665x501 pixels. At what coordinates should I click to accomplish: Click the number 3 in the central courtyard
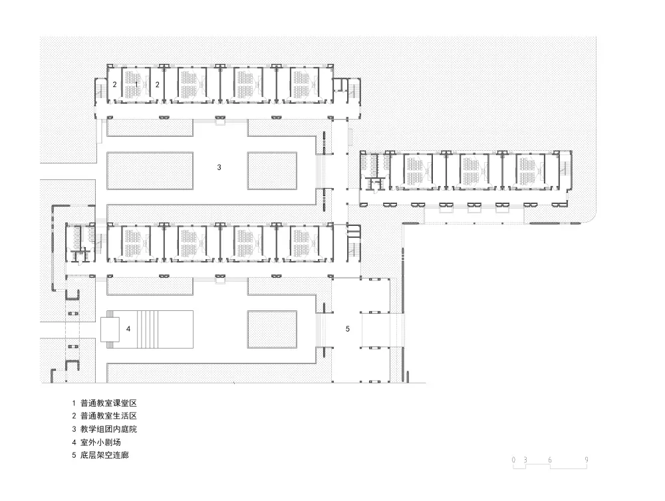click(219, 167)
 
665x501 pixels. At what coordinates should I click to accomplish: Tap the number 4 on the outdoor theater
click(128, 328)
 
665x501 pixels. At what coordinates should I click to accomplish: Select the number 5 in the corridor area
click(347, 328)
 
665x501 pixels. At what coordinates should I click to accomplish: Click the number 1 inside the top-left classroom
click(136, 84)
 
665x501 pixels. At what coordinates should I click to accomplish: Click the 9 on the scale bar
click(586, 459)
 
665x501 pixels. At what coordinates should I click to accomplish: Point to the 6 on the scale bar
click(550, 459)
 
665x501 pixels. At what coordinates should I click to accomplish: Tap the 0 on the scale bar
click(514, 459)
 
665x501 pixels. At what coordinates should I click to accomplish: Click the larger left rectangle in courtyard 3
click(150, 171)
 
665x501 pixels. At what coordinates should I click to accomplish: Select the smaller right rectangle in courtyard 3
click(272, 171)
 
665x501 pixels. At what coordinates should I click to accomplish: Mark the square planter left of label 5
click(272, 329)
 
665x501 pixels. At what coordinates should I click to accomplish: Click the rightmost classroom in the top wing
click(306, 85)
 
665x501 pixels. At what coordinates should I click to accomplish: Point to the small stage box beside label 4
click(108, 328)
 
